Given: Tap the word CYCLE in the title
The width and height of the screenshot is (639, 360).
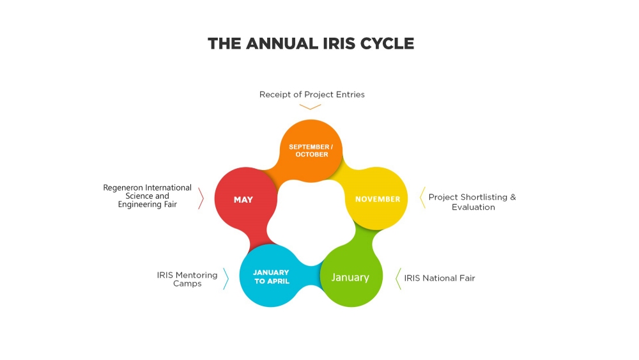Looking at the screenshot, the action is (381, 43).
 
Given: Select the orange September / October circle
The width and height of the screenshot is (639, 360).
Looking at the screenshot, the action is (311, 150).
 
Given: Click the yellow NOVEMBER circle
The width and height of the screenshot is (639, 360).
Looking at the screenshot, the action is (376, 199).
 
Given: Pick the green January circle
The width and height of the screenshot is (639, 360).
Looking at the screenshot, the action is (351, 276).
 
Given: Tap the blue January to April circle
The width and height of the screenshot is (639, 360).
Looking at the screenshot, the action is (271, 276).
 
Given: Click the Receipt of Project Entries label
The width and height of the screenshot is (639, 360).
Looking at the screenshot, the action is (312, 95).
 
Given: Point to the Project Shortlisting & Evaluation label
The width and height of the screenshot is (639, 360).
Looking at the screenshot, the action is (472, 202).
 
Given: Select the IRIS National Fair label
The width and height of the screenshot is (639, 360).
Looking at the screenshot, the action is (440, 278).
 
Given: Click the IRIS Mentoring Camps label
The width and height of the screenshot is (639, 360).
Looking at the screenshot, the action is (187, 279).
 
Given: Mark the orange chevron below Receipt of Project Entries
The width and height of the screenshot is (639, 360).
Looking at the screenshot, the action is (310, 107).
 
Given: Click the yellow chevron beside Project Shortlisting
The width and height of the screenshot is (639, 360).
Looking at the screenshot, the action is (422, 198).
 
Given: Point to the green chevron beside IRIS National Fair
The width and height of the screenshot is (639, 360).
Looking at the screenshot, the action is (398, 279).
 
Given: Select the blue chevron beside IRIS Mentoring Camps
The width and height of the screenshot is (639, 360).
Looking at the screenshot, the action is (226, 279).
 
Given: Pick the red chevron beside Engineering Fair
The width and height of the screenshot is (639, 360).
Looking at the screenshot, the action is (201, 198).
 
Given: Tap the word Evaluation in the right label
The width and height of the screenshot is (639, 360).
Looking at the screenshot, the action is (473, 207).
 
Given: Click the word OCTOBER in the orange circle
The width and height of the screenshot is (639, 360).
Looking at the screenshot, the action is (312, 155).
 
